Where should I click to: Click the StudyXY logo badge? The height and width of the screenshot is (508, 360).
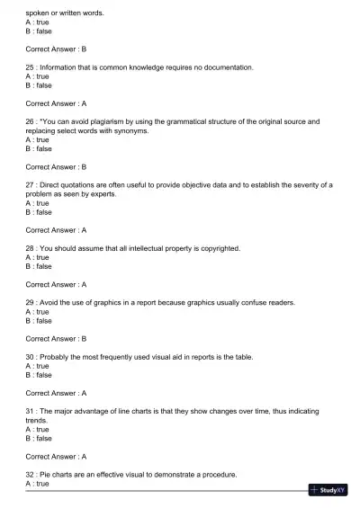(328, 490)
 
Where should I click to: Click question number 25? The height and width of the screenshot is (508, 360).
(31, 67)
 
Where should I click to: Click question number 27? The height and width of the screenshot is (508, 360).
(31, 184)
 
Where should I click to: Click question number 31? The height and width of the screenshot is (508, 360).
(31, 412)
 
